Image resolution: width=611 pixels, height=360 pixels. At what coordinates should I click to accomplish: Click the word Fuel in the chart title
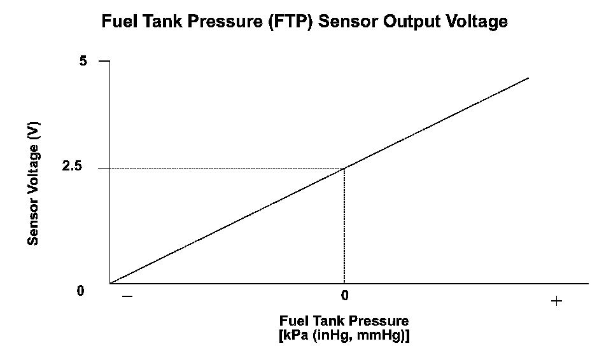coord(118,22)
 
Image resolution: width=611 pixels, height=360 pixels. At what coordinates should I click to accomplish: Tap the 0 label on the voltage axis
coord(81,291)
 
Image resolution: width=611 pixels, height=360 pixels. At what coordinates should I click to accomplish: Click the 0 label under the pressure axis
coord(344,296)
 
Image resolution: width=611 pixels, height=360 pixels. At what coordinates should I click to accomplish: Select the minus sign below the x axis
coord(127,296)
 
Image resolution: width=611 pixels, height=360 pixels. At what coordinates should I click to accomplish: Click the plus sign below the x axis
coord(556,301)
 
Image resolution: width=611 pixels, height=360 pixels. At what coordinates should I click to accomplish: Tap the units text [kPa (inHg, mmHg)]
coord(344,335)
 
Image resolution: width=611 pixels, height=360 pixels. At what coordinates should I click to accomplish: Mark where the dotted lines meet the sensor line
coord(344,168)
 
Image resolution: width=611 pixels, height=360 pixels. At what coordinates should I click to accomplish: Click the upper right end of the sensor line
coord(528,78)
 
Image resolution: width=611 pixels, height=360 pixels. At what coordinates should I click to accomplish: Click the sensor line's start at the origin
coord(111,283)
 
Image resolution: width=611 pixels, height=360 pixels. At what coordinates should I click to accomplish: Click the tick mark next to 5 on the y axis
coord(104,61)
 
